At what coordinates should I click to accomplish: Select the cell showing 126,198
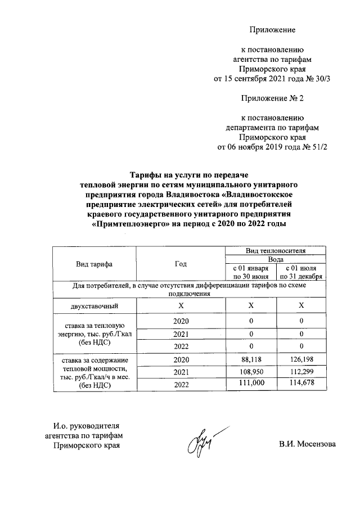pyautogui.click(x=301, y=359)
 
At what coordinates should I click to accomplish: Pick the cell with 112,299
pyautogui.click(x=301, y=372)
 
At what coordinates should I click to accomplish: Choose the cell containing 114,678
pyautogui.click(x=301, y=384)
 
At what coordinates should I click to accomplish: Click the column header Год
pyautogui.click(x=181, y=264)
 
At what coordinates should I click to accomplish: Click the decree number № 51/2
pyautogui.click(x=315, y=147)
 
